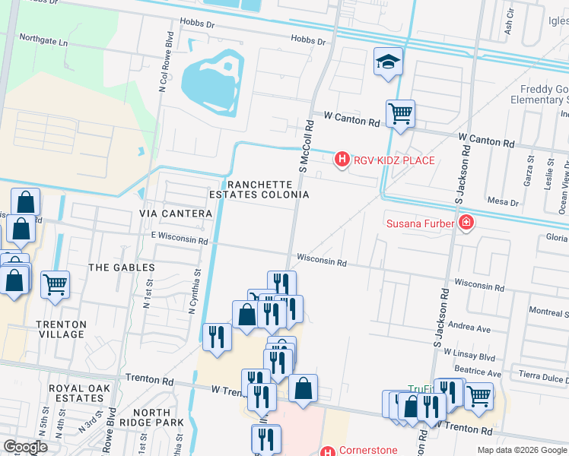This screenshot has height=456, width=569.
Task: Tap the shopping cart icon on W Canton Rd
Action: (x=400, y=114)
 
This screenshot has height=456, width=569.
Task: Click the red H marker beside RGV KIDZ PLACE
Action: (x=342, y=160)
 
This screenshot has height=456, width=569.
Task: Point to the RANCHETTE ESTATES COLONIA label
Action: (x=259, y=189)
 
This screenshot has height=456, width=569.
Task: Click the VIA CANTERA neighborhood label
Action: (x=176, y=214)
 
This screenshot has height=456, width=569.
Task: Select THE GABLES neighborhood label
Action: (x=122, y=268)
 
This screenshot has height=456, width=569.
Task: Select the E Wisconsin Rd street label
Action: (x=180, y=240)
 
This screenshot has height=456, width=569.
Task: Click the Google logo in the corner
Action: (x=24, y=447)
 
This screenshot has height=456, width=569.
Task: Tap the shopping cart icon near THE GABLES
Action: (x=55, y=285)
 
